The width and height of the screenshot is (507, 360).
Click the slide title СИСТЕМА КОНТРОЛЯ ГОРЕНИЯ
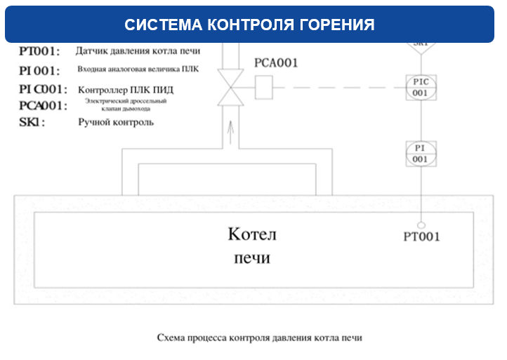[249, 25]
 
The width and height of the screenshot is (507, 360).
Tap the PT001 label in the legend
[39, 51]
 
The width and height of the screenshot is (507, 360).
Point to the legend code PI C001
[43, 90]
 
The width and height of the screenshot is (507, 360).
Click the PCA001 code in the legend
[43, 105]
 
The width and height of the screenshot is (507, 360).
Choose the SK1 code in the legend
[32, 122]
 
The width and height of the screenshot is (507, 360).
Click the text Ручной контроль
[116, 122]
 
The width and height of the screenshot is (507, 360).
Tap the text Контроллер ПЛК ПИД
[126, 90]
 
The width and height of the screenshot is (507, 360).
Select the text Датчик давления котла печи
[138, 51]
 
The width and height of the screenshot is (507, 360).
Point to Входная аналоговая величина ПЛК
[138, 70]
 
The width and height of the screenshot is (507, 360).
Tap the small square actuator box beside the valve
[263, 87]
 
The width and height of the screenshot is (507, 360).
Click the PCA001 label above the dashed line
[276, 63]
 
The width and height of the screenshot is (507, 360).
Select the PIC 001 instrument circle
[420, 87]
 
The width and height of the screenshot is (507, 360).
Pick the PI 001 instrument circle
[420, 153]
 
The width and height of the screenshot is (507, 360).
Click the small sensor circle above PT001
[421, 224]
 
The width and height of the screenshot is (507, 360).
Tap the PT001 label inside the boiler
[421, 237]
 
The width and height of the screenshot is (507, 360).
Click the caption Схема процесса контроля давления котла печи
[259, 338]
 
